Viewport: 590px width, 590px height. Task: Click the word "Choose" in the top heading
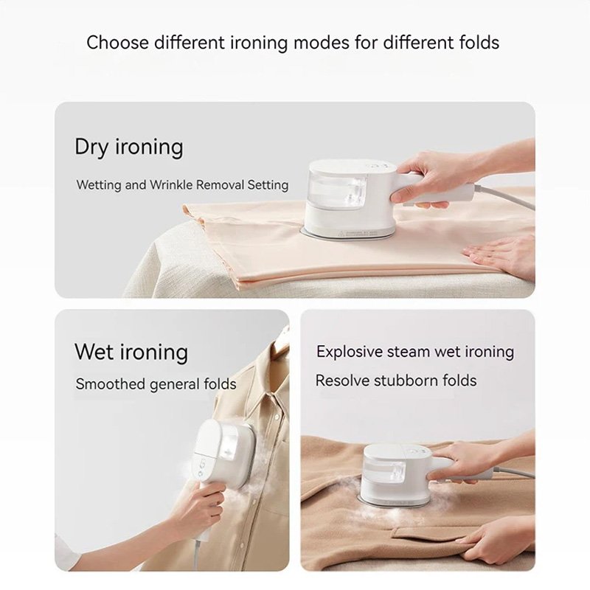pyautogui.click(x=118, y=42)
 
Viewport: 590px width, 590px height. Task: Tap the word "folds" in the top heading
pyautogui.click(x=479, y=42)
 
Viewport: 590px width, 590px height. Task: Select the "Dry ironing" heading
pyautogui.click(x=128, y=147)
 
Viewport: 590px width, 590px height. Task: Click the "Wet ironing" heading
pyautogui.click(x=131, y=352)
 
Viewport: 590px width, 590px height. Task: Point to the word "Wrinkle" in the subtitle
pyautogui.click(x=171, y=185)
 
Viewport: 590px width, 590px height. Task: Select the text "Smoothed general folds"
pyautogui.click(x=156, y=384)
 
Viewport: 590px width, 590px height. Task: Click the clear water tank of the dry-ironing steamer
pyautogui.click(x=338, y=187)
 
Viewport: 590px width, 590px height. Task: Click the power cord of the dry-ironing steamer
pyautogui.click(x=504, y=195)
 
